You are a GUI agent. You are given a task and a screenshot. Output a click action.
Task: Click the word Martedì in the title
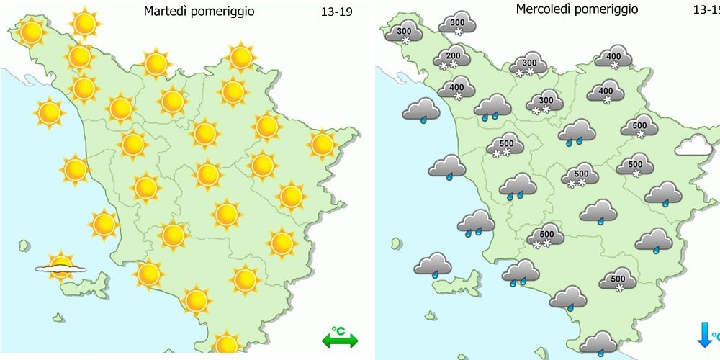pyautogui.click(x=165, y=11)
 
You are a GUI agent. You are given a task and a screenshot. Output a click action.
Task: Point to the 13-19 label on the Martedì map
pyautogui.click(x=336, y=12)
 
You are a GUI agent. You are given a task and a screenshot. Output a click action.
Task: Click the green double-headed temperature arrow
pyautogui.click(x=339, y=340)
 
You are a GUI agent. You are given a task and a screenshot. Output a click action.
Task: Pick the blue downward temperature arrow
pyautogui.click(x=704, y=335)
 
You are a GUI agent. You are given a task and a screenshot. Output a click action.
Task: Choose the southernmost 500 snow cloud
pyautogui.click(x=617, y=279)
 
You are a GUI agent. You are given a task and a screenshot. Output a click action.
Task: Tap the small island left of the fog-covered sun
pyautogui.click(x=25, y=246)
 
